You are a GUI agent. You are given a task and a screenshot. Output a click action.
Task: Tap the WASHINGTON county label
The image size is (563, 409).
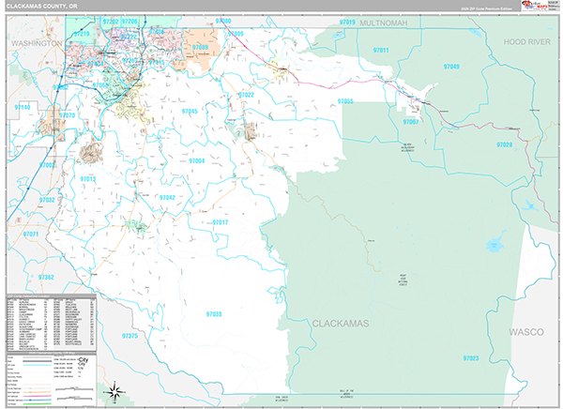(x=36, y=43)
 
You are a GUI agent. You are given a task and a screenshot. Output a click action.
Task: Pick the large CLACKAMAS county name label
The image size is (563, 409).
(x=342, y=324)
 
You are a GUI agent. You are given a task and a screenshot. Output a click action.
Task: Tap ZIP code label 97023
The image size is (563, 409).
(x=470, y=357)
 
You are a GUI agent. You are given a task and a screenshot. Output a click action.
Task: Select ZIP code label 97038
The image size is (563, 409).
(x=213, y=314)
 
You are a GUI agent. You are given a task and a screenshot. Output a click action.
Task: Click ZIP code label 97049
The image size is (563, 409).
(x=451, y=68)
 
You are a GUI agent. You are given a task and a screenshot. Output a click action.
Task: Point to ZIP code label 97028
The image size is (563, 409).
(x=505, y=145)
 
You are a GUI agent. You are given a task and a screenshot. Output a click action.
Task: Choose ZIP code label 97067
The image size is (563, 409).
(x=411, y=123)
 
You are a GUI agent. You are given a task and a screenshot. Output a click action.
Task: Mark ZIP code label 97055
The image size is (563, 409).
(x=344, y=100)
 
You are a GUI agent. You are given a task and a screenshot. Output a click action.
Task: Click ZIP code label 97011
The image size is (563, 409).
(x=381, y=50)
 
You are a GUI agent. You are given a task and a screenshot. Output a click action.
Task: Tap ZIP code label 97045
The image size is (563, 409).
(x=190, y=112)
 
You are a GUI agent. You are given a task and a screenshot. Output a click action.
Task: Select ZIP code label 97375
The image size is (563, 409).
(x=130, y=336)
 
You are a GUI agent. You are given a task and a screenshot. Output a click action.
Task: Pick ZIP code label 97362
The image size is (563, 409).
(x=46, y=277)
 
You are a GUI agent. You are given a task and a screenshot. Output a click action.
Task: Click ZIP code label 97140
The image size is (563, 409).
(x=21, y=108)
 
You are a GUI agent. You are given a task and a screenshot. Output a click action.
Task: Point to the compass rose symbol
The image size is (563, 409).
(x=114, y=391)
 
